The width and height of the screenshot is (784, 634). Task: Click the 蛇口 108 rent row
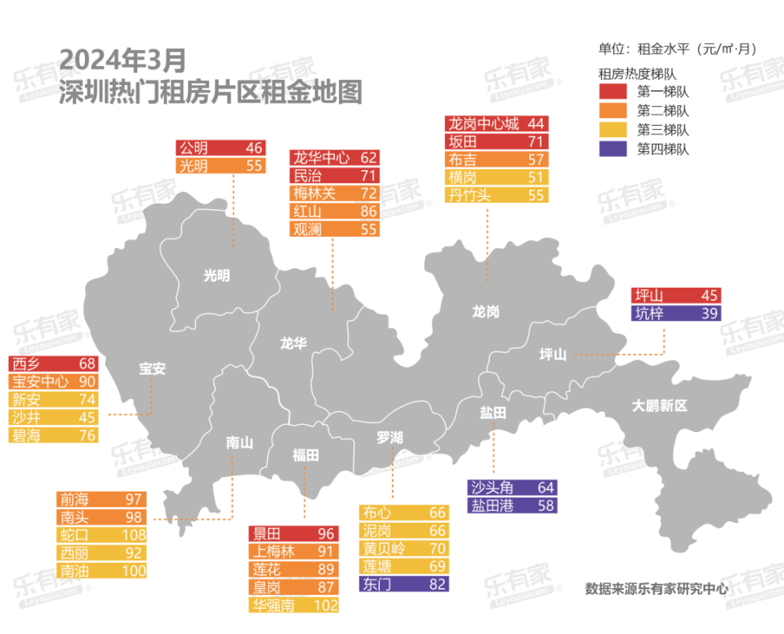(101, 535)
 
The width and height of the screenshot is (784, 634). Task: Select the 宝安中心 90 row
(53, 381)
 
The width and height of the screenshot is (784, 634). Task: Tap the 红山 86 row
(335, 212)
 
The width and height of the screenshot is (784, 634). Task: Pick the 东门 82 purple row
(403, 584)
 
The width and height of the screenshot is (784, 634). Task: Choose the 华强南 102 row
(293, 605)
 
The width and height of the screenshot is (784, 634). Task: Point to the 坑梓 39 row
(677, 313)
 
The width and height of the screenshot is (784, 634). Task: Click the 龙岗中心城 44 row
(497, 124)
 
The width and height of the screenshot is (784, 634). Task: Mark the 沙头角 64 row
(513, 488)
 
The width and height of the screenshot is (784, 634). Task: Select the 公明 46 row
(220, 148)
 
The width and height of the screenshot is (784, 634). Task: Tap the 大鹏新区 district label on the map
(661, 405)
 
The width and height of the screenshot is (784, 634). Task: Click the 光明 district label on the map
(216, 276)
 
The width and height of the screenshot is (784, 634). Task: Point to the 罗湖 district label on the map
(390, 438)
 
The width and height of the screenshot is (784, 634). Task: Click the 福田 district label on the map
(305, 455)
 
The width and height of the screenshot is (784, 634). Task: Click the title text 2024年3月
(123, 59)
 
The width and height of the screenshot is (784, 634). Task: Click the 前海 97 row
(101, 499)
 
